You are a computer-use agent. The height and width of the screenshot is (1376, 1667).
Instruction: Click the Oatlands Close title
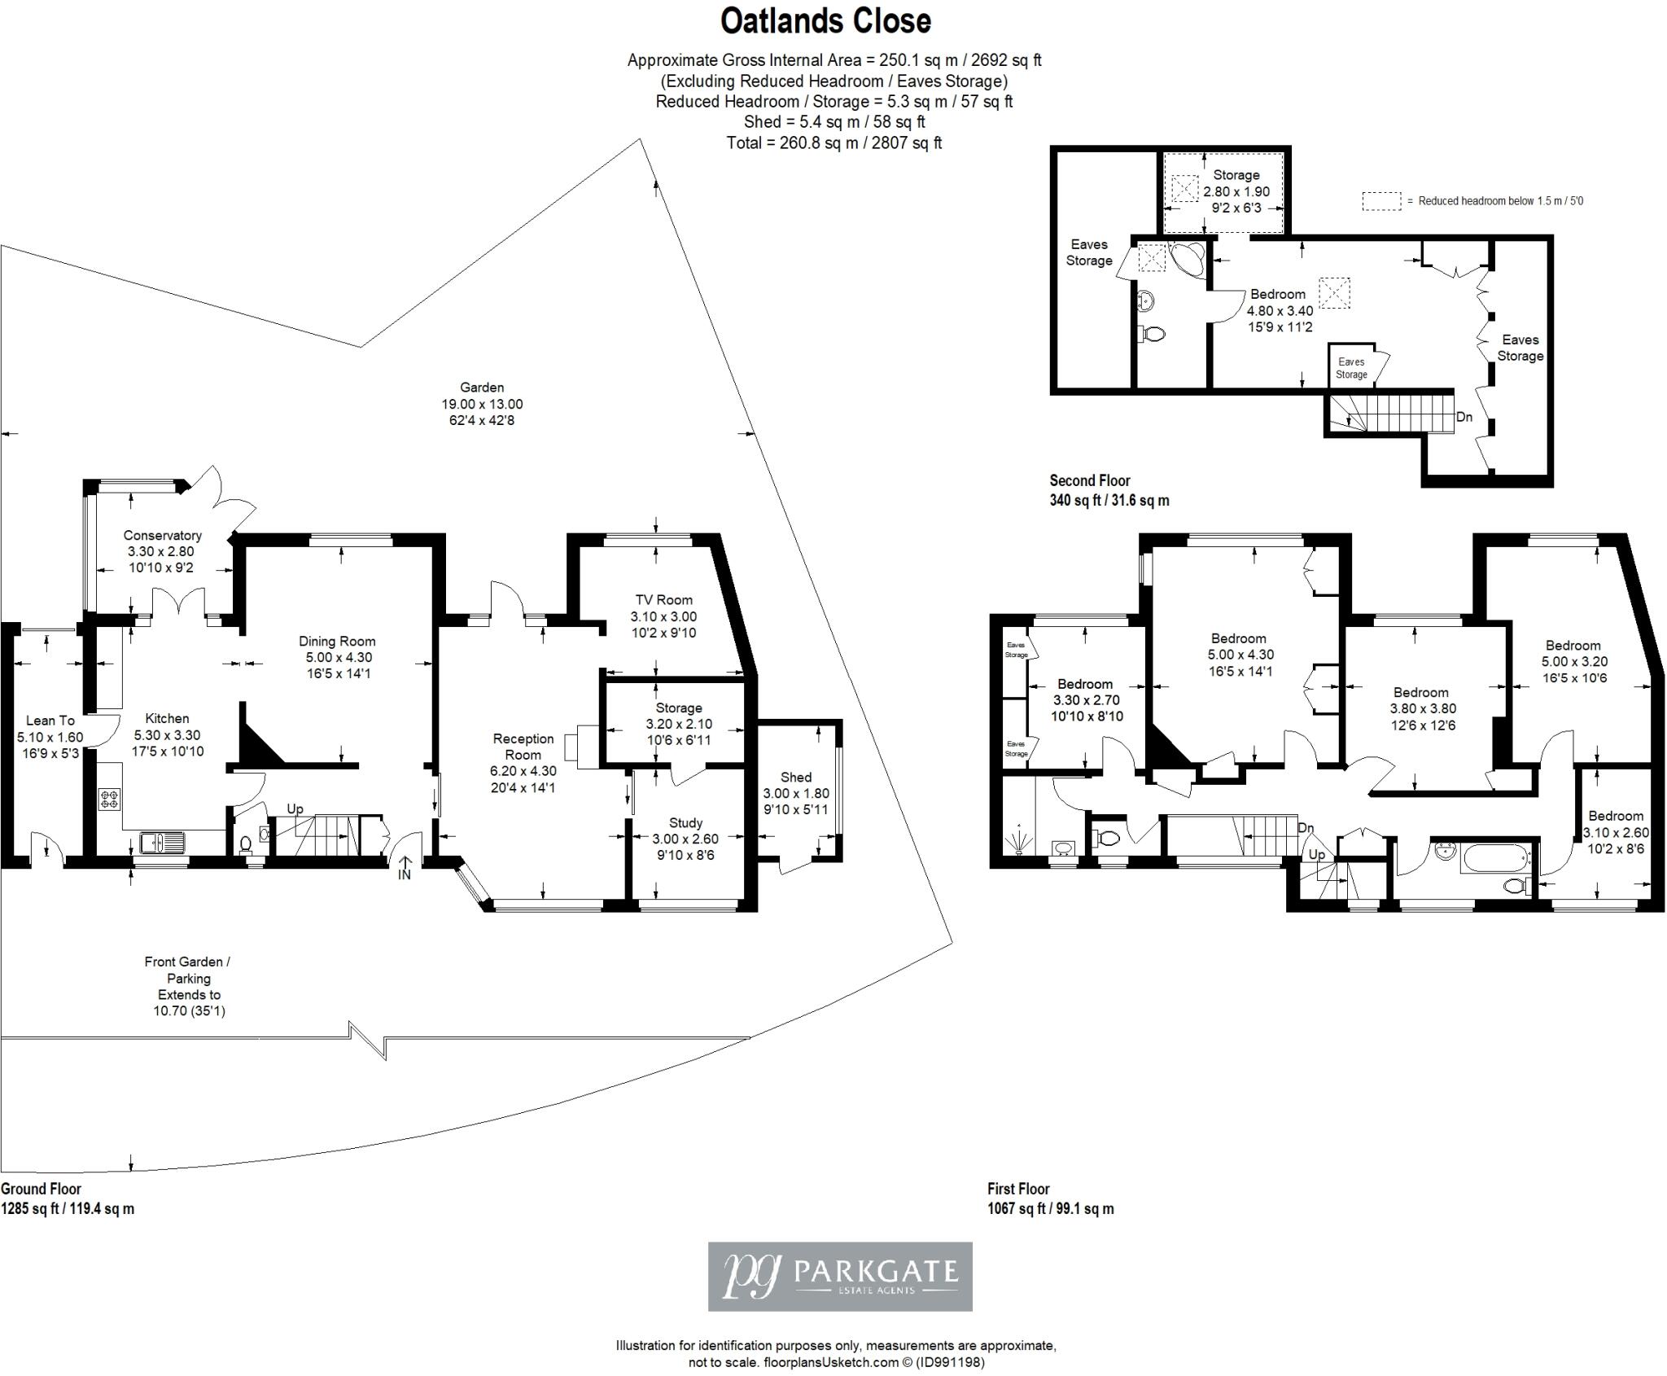click(825, 22)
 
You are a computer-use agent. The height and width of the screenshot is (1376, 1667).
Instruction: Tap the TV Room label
click(663, 601)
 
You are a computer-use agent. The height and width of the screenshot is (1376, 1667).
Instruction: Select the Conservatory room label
click(163, 536)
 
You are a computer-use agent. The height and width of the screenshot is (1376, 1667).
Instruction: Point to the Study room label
click(685, 823)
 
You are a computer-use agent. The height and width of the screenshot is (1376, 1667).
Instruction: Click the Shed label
click(796, 778)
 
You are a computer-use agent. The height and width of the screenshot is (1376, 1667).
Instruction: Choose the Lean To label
click(50, 721)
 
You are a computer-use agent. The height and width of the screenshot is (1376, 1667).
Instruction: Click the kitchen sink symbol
click(163, 842)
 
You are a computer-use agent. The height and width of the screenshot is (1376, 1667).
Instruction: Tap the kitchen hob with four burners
click(109, 800)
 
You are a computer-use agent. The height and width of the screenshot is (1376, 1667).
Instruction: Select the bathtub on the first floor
click(1497, 857)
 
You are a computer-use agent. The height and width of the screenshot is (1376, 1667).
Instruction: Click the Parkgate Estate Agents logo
click(840, 1276)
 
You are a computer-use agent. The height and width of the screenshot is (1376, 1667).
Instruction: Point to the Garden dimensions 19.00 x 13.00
click(482, 405)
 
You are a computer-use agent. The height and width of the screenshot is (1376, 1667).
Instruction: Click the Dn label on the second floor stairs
click(1464, 418)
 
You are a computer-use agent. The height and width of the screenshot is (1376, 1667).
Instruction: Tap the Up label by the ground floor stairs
click(295, 809)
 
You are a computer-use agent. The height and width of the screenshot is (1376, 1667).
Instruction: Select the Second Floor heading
click(1090, 480)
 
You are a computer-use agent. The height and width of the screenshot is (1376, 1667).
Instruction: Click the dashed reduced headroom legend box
click(1382, 201)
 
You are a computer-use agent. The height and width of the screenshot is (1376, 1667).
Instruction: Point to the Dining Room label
click(337, 642)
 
